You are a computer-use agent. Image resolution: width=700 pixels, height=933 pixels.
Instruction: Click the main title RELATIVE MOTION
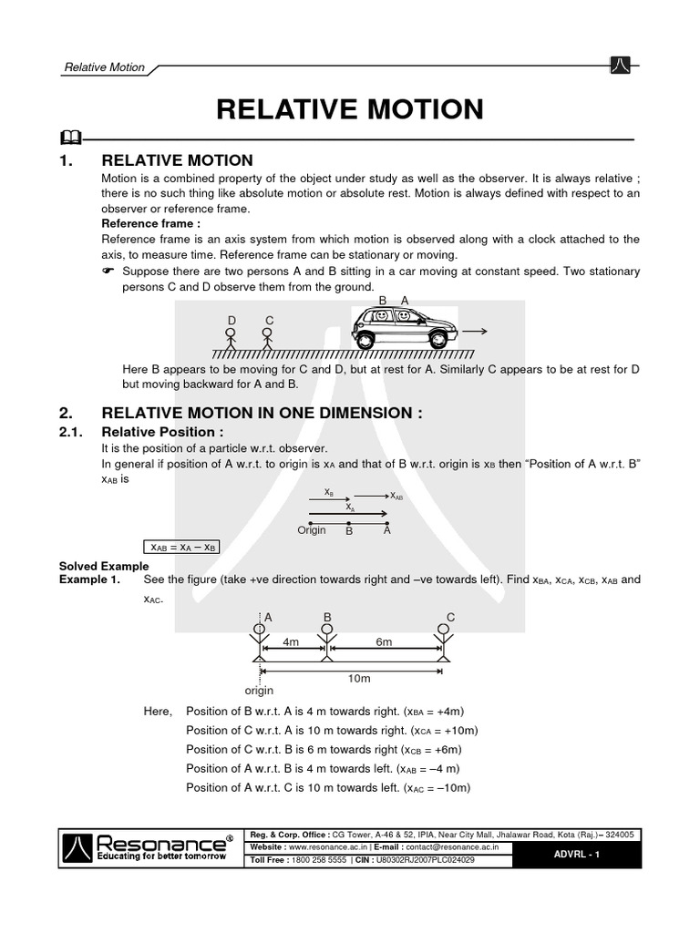click(x=350, y=109)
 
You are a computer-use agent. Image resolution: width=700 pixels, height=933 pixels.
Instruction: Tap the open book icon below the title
click(x=70, y=138)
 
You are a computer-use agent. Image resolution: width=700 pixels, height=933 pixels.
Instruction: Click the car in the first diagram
click(x=405, y=327)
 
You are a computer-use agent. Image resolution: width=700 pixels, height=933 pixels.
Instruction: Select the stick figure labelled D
click(x=231, y=335)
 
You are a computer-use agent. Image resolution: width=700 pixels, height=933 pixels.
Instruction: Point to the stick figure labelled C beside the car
click(x=267, y=335)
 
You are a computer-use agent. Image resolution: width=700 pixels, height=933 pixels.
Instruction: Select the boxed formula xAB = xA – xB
click(x=183, y=548)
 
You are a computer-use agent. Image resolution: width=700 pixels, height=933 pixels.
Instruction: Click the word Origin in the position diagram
click(x=312, y=530)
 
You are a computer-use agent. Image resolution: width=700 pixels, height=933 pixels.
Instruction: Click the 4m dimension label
click(x=291, y=642)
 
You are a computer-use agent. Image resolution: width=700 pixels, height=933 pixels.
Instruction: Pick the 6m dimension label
click(x=384, y=642)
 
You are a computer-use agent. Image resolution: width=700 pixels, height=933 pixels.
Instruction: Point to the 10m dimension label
click(x=360, y=679)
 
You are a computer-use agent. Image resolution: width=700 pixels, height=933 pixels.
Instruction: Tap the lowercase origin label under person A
click(x=260, y=692)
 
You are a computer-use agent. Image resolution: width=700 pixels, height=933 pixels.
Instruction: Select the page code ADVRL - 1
click(x=577, y=854)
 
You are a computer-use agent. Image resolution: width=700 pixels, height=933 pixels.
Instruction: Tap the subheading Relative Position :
click(x=162, y=432)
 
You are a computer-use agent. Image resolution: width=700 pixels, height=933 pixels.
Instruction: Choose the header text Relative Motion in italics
click(x=103, y=67)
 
